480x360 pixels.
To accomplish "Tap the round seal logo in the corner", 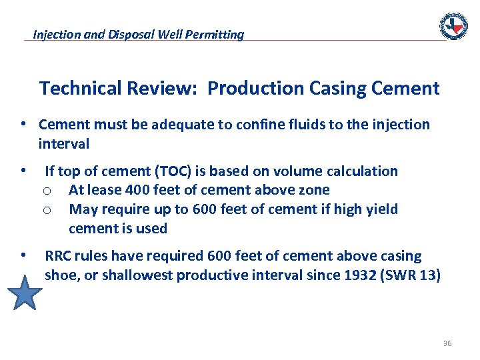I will coord(453,26).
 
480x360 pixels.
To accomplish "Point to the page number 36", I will coord(447,343).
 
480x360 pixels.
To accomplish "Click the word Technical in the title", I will coord(81,89).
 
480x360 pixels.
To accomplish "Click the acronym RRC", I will coord(58,256).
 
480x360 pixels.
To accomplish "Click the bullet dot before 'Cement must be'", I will coord(23,125).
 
